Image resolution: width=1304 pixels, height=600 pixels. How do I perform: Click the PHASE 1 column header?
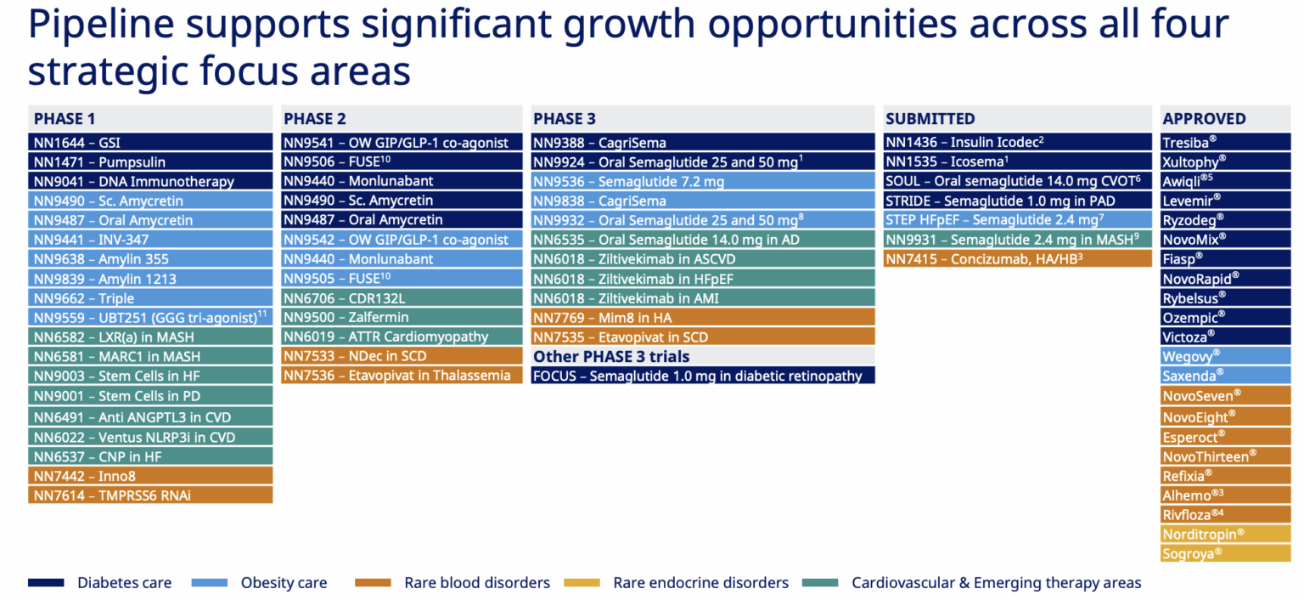(65, 119)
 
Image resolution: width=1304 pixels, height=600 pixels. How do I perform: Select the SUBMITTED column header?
(930, 119)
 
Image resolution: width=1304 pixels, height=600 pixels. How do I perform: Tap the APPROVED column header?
(1204, 119)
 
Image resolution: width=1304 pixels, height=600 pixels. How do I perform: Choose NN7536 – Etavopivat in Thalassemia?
(397, 375)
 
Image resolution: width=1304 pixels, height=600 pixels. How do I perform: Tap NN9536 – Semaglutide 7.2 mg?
(629, 181)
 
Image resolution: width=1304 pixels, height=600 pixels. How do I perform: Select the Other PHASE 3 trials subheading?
(611, 356)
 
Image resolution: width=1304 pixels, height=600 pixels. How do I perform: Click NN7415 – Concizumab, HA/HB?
(984, 258)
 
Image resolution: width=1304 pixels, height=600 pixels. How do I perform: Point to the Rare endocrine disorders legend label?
(700, 583)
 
